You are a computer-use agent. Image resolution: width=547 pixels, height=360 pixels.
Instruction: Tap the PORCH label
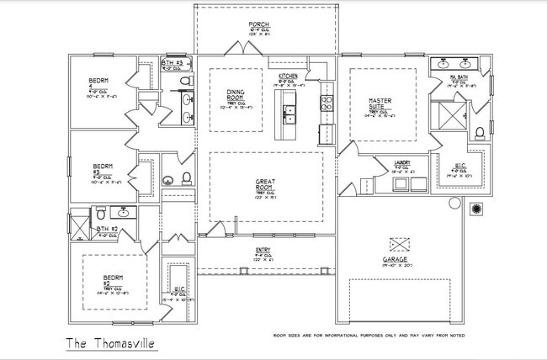pos(259,24)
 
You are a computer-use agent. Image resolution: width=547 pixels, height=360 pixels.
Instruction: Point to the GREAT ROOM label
pos(266,185)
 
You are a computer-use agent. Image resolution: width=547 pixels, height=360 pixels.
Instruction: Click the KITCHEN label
pos(288,76)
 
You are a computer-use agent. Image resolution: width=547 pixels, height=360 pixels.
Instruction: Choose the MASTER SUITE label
pos(381,105)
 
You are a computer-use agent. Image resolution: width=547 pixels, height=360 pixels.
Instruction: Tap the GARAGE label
pos(395,260)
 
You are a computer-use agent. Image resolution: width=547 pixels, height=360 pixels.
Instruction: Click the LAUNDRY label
pos(401,162)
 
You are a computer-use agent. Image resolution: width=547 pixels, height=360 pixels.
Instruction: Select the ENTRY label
pos(263,251)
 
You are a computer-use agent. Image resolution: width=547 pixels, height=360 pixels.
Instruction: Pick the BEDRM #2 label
pos(113,279)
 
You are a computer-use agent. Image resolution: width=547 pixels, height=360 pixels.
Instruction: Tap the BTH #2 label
pos(105,229)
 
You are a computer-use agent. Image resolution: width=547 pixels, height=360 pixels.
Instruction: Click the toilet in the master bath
pos(479,132)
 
